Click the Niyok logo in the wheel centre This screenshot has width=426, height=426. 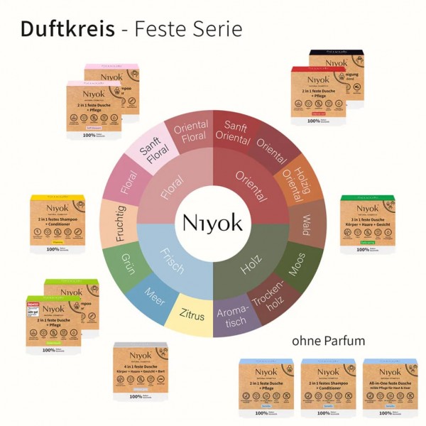click(x=213, y=222)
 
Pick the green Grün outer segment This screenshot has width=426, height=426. click(x=127, y=257)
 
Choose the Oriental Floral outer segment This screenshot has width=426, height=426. click(x=189, y=131)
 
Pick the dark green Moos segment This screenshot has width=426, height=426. click(x=298, y=263)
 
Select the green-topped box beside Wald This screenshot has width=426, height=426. click(x=366, y=223)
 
